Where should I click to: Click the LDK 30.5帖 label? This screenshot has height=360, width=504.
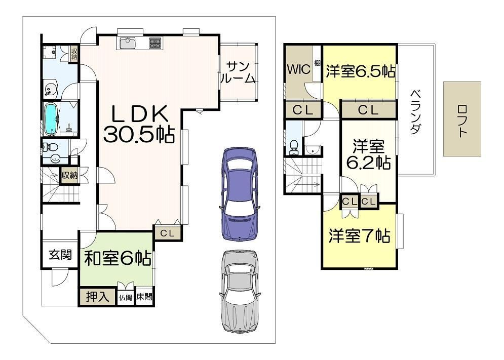pos(138,124)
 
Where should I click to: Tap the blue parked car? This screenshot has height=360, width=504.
pos(240,193)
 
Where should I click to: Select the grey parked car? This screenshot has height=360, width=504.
pos(240,292)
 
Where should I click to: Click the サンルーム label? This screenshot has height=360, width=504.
pos(238,72)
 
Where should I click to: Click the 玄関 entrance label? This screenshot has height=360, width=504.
pos(60,255)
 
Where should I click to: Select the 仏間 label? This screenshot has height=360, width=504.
pos(126,298)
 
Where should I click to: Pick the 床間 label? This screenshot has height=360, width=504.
pos(144,297)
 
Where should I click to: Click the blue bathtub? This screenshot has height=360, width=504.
pos(51,119)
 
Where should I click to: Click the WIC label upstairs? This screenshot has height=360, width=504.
pos(299,69)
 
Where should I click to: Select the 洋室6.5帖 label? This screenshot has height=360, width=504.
pos(361,71)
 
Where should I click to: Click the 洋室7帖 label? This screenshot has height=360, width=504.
pos(359,236)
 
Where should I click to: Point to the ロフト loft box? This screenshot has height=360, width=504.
pos(462,119)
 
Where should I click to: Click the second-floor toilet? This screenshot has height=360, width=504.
pos(293,147)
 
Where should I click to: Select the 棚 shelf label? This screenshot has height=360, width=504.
pos(317,62)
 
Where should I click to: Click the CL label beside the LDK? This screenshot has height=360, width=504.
pos(167,233)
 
